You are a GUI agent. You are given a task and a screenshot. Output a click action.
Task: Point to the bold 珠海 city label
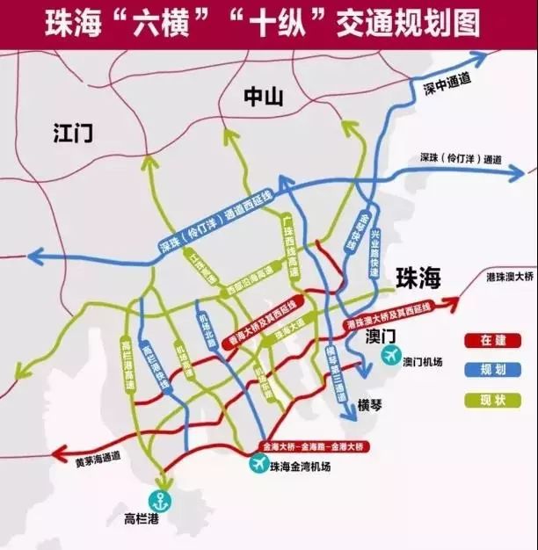(418, 279)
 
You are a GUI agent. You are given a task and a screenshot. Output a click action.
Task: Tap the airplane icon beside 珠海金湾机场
(258, 464)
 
